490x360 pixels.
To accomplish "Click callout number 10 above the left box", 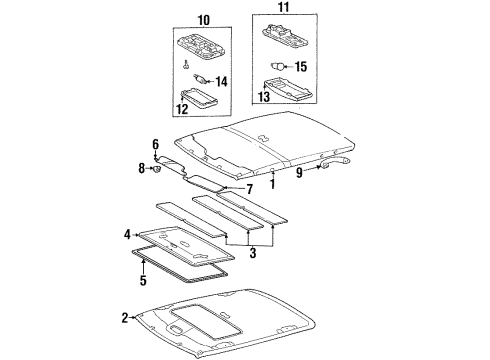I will click(203, 20).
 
